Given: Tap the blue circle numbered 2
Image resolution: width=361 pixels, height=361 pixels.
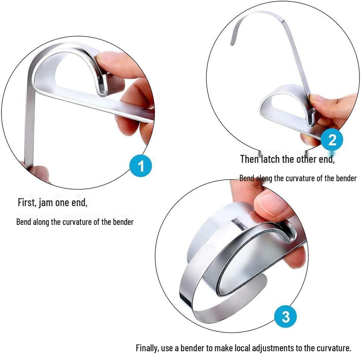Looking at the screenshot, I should pyautogui.click(x=332, y=139).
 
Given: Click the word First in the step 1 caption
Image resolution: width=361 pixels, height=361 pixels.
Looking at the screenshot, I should pyautogui.click(x=26, y=203).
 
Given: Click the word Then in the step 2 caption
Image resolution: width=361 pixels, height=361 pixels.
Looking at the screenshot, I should pyautogui.click(x=249, y=159).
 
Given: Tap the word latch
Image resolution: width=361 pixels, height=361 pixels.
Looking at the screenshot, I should pyautogui.click(x=270, y=159).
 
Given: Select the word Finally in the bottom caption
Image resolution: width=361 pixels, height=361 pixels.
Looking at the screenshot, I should pyautogui.click(x=148, y=348).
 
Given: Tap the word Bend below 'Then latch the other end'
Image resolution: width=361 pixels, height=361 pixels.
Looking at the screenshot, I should pyautogui.click(x=247, y=178).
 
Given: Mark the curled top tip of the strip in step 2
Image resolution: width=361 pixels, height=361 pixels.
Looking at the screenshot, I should pyautogui.click(x=232, y=42).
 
